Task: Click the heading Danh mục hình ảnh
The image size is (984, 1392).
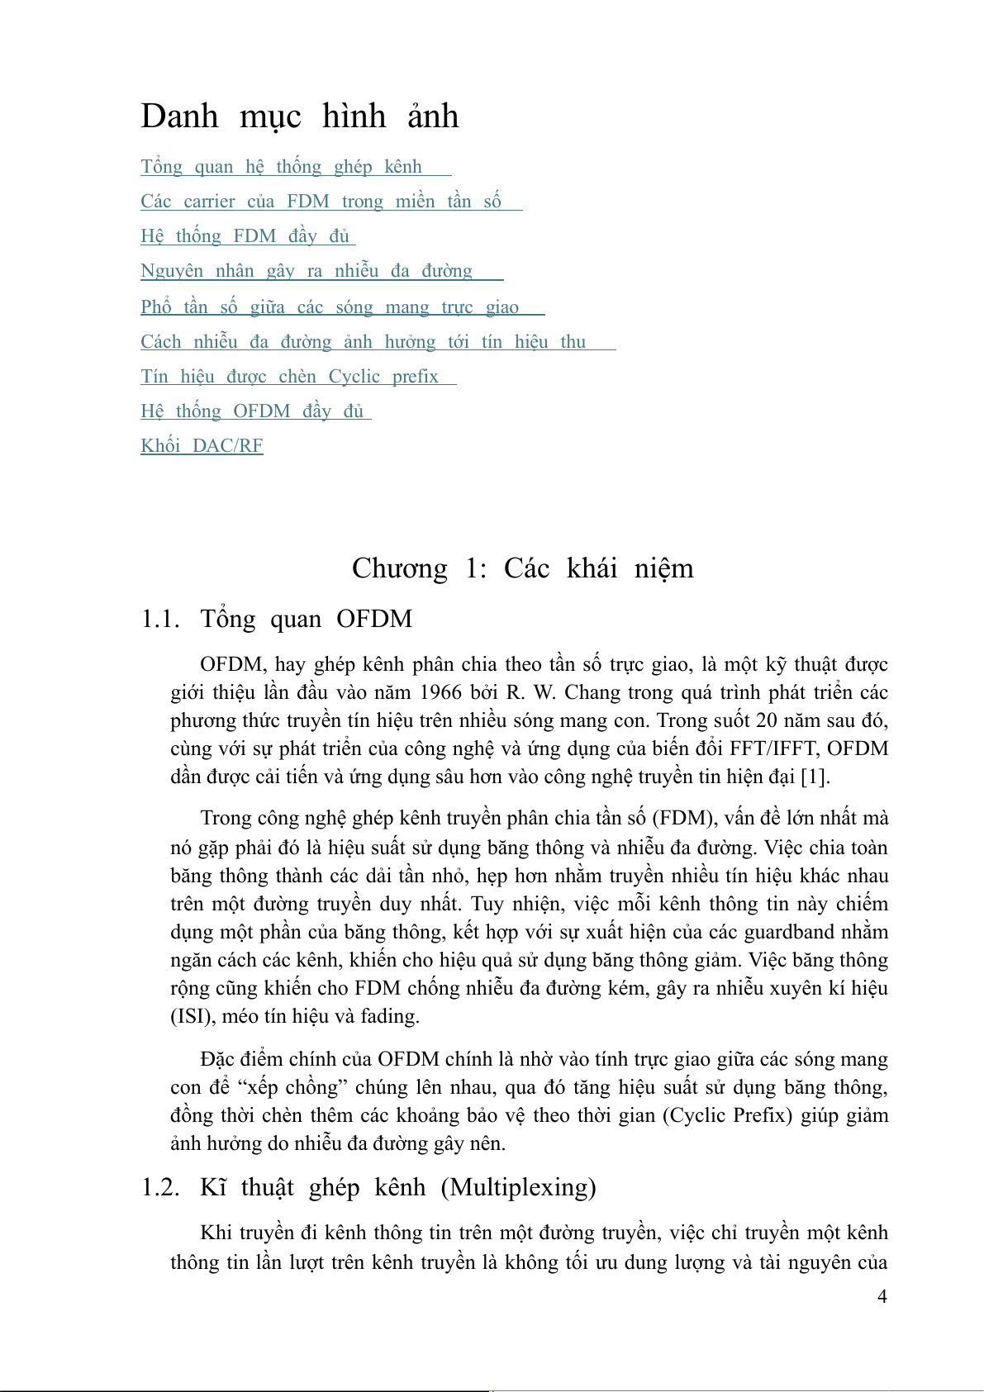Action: coord(299,116)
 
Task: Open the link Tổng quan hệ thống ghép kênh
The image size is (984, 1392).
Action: coord(282,167)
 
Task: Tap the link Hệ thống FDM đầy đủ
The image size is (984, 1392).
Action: coord(245,236)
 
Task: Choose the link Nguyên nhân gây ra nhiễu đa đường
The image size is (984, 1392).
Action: coord(307,271)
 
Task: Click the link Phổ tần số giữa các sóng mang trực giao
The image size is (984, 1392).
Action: coord(330,307)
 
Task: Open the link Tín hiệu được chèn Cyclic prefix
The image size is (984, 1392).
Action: coord(289,377)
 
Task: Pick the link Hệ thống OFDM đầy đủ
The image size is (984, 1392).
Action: coord(252,411)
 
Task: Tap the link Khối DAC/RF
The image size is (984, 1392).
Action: coord(202,446)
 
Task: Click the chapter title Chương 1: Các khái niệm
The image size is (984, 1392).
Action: coord(522,568)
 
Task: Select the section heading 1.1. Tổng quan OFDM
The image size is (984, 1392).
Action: coord(277,619)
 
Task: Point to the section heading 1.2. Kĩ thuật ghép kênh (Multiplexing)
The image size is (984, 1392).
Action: coord(368,1187)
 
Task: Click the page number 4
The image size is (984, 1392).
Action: coord(882,1296)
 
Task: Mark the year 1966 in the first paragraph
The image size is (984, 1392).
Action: coord(440,692)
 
